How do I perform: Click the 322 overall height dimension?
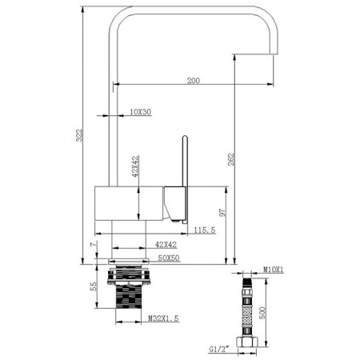click(80, 135)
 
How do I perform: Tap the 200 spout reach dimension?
click(194, 81)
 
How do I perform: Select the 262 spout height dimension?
click(231, 159)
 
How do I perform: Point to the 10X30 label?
click(141, 112)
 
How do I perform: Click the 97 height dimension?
click(222, 212)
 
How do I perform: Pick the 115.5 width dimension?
click(205, 230)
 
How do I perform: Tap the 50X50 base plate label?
click(169, 258)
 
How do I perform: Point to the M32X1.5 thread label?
click(163, 318)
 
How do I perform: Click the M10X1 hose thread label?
click(274, 270)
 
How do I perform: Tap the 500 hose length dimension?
click(262, 313)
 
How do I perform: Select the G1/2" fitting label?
click(219, 349)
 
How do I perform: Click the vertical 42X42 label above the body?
click(135, 166)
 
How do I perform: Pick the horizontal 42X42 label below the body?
click(166, 244)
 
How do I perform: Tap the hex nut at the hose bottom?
click(246, 342)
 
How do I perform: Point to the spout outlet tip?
click(274, 53)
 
